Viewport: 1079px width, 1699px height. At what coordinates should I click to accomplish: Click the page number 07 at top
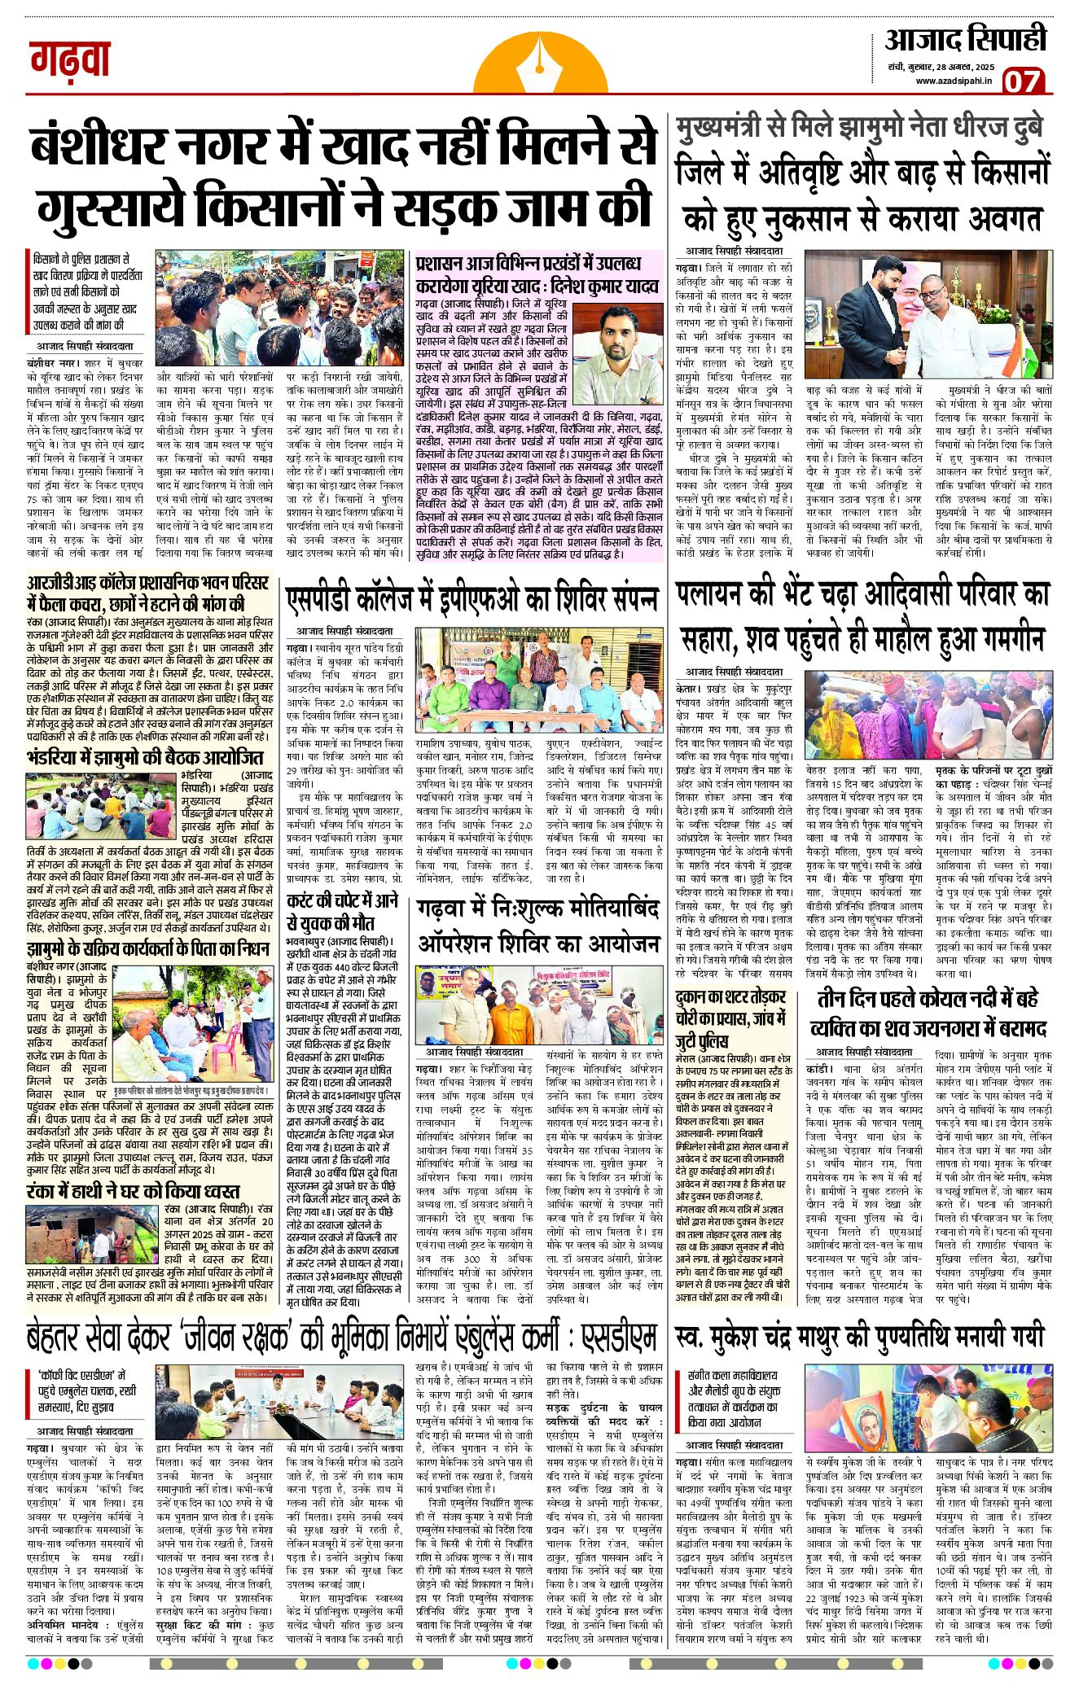1024,81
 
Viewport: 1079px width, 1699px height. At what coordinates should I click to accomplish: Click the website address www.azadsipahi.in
954,81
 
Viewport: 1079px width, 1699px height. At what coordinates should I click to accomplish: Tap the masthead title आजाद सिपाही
965,39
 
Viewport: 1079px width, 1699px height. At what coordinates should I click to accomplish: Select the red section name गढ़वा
70,59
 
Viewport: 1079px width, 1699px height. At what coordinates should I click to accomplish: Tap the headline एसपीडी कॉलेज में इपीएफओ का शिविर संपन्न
472,598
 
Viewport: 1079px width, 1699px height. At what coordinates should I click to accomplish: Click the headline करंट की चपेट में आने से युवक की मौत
343,912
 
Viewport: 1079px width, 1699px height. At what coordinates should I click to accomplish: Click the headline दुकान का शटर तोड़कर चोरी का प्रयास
730,1018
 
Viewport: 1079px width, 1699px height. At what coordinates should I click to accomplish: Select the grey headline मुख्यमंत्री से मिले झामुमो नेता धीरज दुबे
860,129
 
